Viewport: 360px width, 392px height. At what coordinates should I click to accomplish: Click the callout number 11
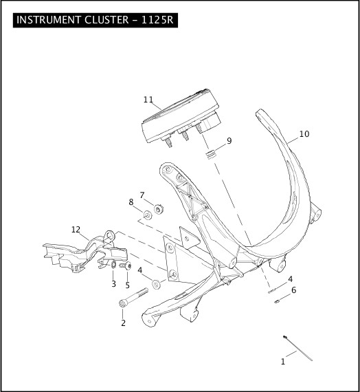pos(148,100)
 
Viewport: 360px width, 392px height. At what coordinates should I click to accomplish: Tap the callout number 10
pos(304,134)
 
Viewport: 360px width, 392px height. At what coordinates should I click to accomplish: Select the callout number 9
pos(229,141)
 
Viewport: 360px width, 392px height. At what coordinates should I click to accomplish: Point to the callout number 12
pos(76,230)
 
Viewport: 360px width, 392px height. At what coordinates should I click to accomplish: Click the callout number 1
pos(283,362)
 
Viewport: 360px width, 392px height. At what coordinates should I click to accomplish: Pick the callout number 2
pos(123,323)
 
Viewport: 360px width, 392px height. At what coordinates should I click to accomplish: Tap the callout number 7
pos(142,195)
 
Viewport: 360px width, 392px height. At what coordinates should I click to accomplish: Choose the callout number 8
pos(131,202)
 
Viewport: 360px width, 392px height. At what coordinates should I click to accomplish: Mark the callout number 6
pos(294,290)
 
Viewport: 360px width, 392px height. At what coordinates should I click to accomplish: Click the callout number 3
pos(113,284)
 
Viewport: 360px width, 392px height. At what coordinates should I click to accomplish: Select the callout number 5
pos(127,285)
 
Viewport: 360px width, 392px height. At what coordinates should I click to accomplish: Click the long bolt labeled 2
pos(133,297)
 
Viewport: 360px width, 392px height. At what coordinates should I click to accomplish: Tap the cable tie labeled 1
pos(297,348)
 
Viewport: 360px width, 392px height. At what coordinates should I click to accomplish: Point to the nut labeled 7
pos(158,209)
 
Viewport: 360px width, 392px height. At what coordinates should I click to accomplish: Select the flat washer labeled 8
pos(148,215)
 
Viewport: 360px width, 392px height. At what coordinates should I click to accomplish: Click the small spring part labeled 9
pos(211,154)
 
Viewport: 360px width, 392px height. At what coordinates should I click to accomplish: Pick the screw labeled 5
pos(126,265)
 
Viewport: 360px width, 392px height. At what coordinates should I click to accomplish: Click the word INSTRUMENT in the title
pos(49,20)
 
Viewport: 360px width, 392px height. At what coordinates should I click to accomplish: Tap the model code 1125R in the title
pos(157,20)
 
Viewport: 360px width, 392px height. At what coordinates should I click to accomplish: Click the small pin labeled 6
pos(277,301)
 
